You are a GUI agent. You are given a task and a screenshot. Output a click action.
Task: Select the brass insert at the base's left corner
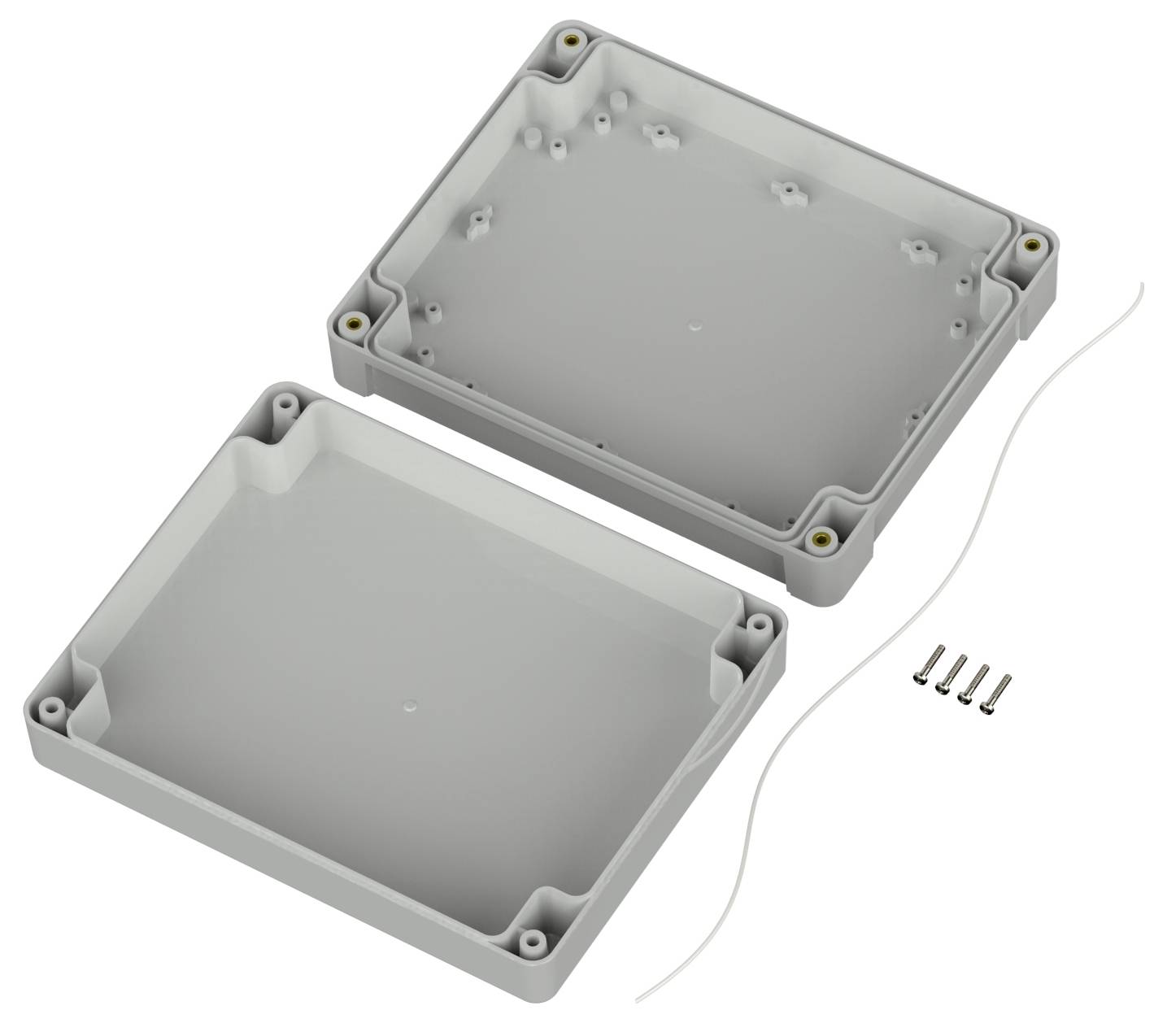click(355, 323)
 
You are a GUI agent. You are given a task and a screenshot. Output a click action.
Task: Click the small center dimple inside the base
click(695, 325)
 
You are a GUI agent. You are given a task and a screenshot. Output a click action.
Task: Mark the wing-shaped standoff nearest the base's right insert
click(914, 249)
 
